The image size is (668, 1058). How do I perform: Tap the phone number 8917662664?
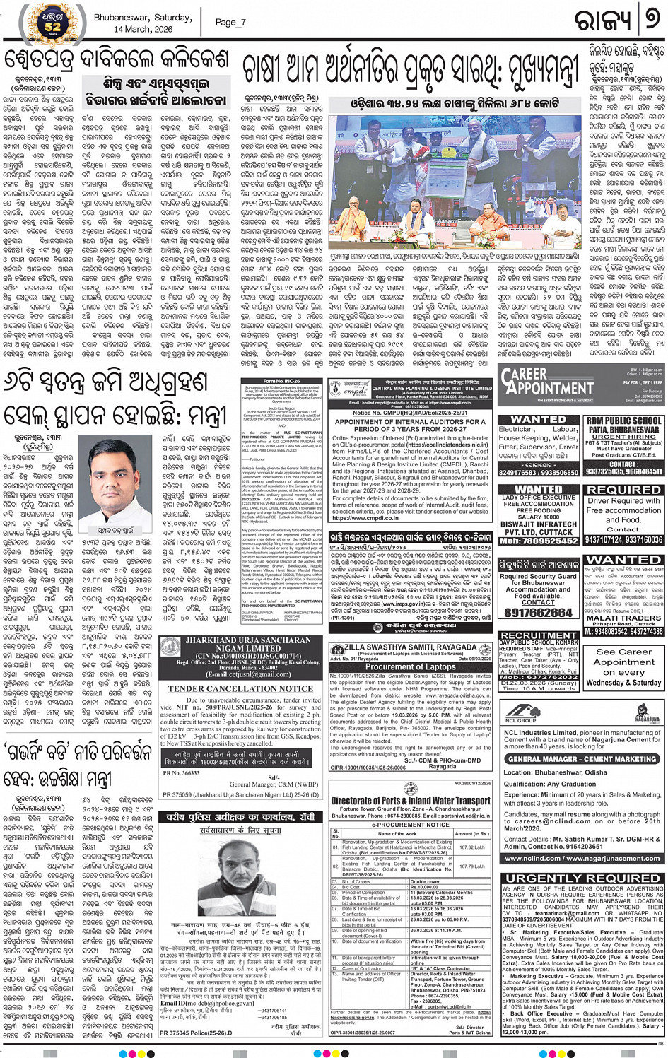pos(538,613)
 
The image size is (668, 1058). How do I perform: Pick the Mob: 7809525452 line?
pos(538,541)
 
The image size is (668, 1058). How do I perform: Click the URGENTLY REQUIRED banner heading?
pos(582,878)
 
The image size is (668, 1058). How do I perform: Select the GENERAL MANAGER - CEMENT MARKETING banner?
pos(582,759)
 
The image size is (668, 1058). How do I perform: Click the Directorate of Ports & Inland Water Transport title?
pos(411,801)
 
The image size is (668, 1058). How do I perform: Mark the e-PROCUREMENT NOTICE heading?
pos(411,825)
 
